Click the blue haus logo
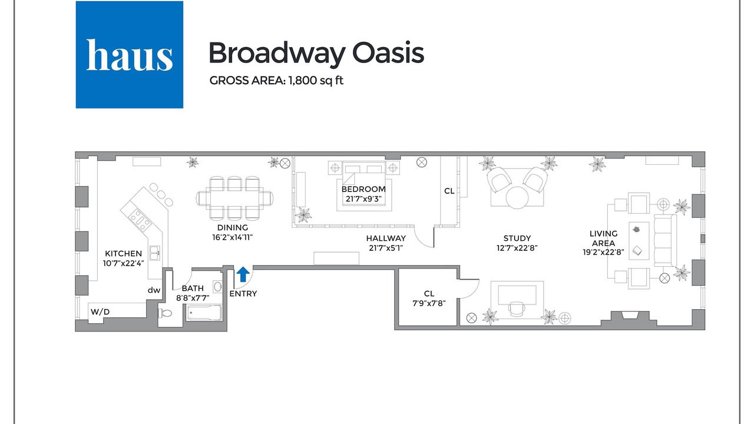pyautogui.click(x=129, y=55)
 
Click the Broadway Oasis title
pyautogui.click(x=316, y=53)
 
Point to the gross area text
pyautogui.click(x=276, y=81)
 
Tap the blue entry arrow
pyautogui.click(x=243, y=274)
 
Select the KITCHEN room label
pyautogui.click(x=123, y=253)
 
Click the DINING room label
pyautogui.click(x=232, y=227)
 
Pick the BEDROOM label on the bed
pyautogui.click(x=363, y=189)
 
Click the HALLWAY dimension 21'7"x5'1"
pyautogui.click(x=386, y=248)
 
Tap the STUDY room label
pyautogui.click(x=517, y=238)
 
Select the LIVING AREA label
pyautogui.click(x=604, y=238)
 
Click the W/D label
pyautogui.click(x=100, y=312)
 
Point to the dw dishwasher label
pyautogui.click(x=154, y=290)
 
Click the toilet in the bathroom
pyautogui.click(x=165, y=313)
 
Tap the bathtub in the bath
pyautogui.click(x=204, y=313)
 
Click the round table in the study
pyautogui.click(x=517, y=197)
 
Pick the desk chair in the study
pyautogui.click(x=517, y=309)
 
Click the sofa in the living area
pyautogui.click(x=666, y=241)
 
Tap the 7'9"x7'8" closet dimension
pyautogui.click(x=429, y=303)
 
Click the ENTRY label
pyautogui.click(x=243, y=294)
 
